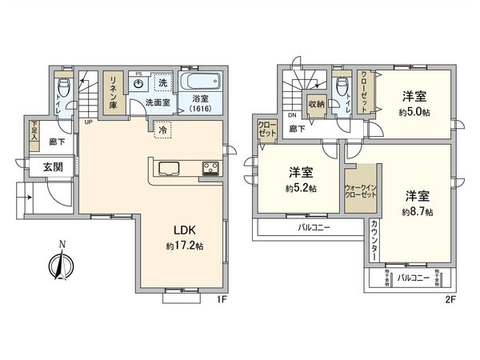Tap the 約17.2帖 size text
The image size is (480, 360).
click(x=185, y=246)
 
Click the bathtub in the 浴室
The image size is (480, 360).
click(x=201, y=82)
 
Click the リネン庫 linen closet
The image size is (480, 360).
click(x=114, y=93)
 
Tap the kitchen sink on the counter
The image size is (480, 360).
click(x=169, y=168)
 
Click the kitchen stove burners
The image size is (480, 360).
click(x=210, y=168)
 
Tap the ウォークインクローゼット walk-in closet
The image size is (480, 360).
click(x=359, y=188)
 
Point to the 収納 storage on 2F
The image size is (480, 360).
click(x=316, y=104)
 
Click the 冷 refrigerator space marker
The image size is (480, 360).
click(x=163, y=130)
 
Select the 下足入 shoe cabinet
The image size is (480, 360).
click(x=34, y=132)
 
